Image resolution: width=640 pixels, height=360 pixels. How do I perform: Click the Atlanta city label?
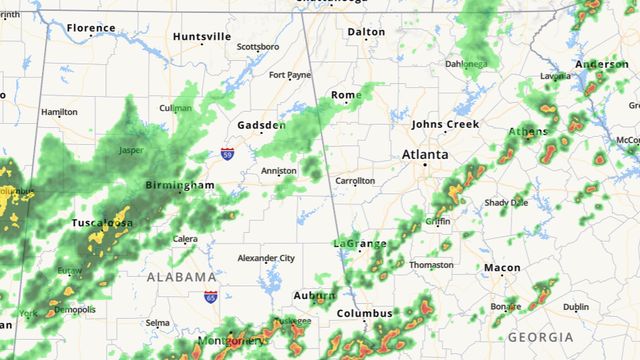425,155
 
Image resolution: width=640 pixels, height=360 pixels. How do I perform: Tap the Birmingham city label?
180,186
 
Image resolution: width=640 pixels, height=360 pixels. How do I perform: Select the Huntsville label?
202,37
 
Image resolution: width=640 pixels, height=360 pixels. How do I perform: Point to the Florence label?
91,28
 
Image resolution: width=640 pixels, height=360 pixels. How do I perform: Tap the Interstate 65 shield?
210,297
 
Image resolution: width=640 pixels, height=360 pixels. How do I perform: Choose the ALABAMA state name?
180,277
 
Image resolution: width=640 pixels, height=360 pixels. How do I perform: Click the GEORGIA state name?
541,337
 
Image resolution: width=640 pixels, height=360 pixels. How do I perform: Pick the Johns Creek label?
445,124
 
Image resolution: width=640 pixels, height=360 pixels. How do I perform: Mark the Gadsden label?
262,125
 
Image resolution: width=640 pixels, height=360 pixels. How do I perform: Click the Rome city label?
346,95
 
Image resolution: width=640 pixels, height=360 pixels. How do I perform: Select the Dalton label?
366,32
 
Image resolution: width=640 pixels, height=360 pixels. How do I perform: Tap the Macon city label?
502,268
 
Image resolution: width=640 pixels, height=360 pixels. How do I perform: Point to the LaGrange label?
359,244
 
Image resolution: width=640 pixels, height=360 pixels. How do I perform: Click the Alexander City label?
266,258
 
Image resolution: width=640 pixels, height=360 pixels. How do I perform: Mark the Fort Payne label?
290,75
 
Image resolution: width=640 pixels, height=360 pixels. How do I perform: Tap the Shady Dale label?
506,202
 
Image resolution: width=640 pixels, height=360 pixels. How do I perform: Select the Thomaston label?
432,265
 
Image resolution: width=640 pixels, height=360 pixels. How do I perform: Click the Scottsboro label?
258,46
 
